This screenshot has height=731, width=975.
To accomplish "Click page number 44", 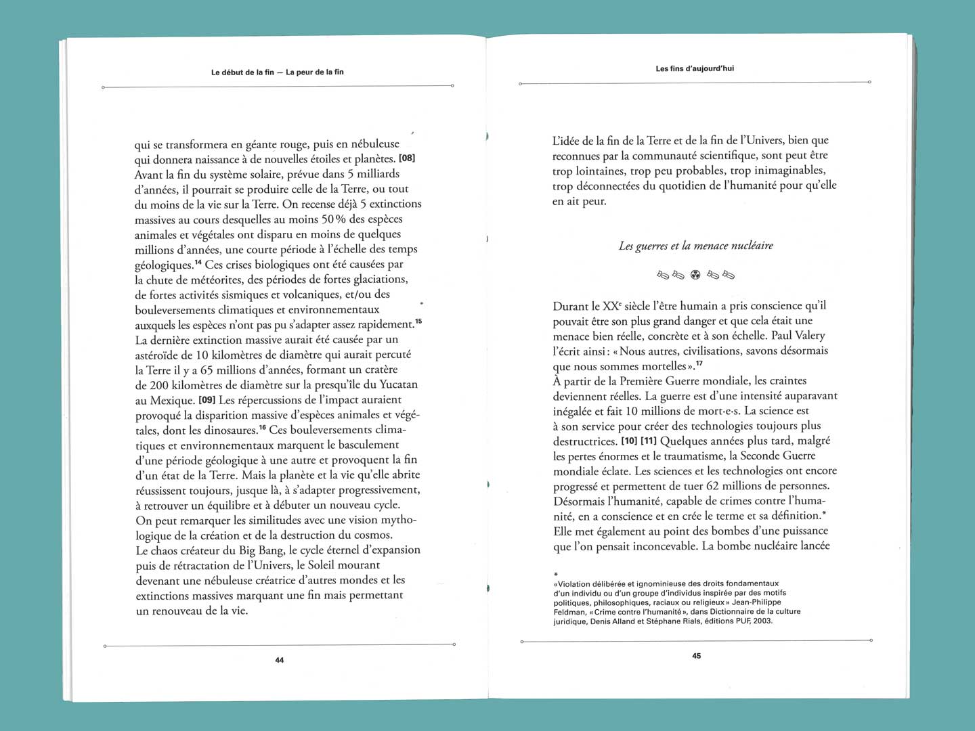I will tap(280, 660).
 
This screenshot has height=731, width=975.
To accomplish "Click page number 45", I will tap(697, 656).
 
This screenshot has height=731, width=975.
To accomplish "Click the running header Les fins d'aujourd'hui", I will tap(695, 68).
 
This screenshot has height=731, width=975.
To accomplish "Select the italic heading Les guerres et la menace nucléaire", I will tap(695, 246).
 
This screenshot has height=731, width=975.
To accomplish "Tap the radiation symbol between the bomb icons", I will tap(695, 275).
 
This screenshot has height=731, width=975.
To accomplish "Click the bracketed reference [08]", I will tap(407, 158).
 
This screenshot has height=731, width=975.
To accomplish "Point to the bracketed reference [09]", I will tap(207, 399).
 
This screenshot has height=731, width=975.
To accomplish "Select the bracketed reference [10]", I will tap(629, 441).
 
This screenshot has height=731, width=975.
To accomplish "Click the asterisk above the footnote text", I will tap(556, 575).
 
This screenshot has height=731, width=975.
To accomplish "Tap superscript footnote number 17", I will tap(699, 364).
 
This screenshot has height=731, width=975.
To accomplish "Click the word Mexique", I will tap(172, 401).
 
